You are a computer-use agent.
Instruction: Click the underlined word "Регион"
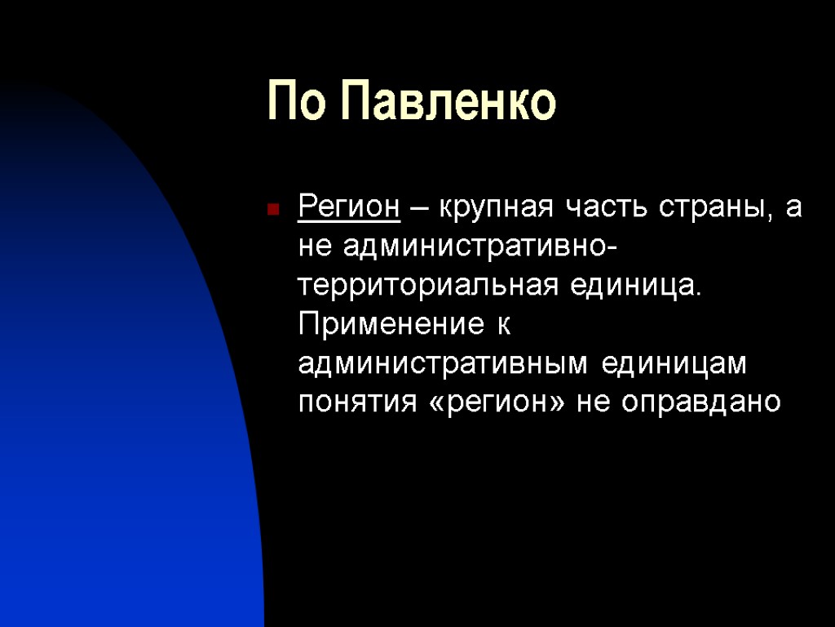[x=349, y=208]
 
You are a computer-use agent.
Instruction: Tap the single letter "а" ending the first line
[x=793, y=210]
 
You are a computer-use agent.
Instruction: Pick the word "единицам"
[x=674, y=364]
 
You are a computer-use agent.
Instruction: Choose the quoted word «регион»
[x=488, y=403]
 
